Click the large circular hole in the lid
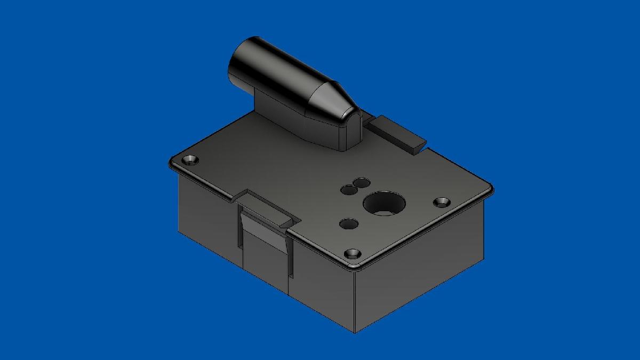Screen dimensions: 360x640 pyautogui.click(x=384, y=204)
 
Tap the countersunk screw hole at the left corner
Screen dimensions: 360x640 pyautogui.click(x=190, y=160)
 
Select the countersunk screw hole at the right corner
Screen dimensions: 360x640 pyautogui.click(x=442, y=203)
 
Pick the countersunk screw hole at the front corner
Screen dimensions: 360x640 pyautogui.click(x=352, y=253)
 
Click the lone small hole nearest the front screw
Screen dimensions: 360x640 pyautogui.click(x=348, y=223)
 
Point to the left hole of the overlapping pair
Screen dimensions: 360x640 pyautogui.click(x=349, y=189)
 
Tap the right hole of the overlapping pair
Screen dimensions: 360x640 pyautogui.click(x=362, y=183)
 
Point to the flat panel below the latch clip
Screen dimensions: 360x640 pyautogui.click(x=265, y=267)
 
